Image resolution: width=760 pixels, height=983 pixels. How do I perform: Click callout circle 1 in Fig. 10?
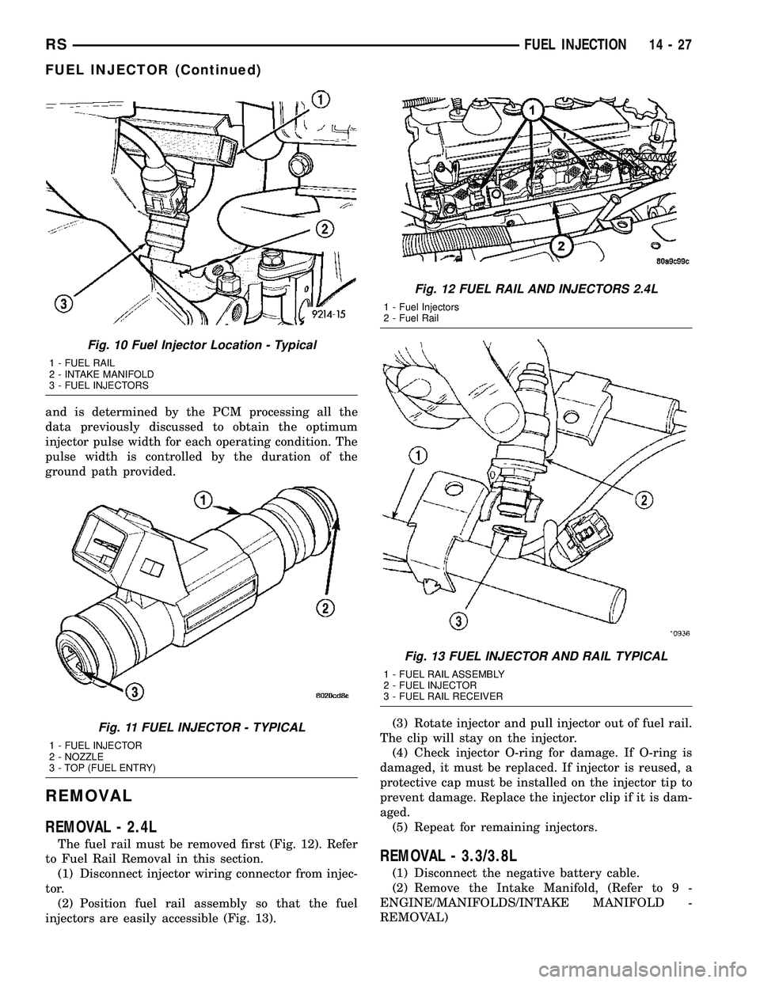(320, 99)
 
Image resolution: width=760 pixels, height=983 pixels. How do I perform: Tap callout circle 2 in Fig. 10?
(323, 230)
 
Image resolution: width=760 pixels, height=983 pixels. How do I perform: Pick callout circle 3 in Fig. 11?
(135, 692)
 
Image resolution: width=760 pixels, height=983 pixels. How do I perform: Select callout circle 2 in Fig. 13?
(644, 499)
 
